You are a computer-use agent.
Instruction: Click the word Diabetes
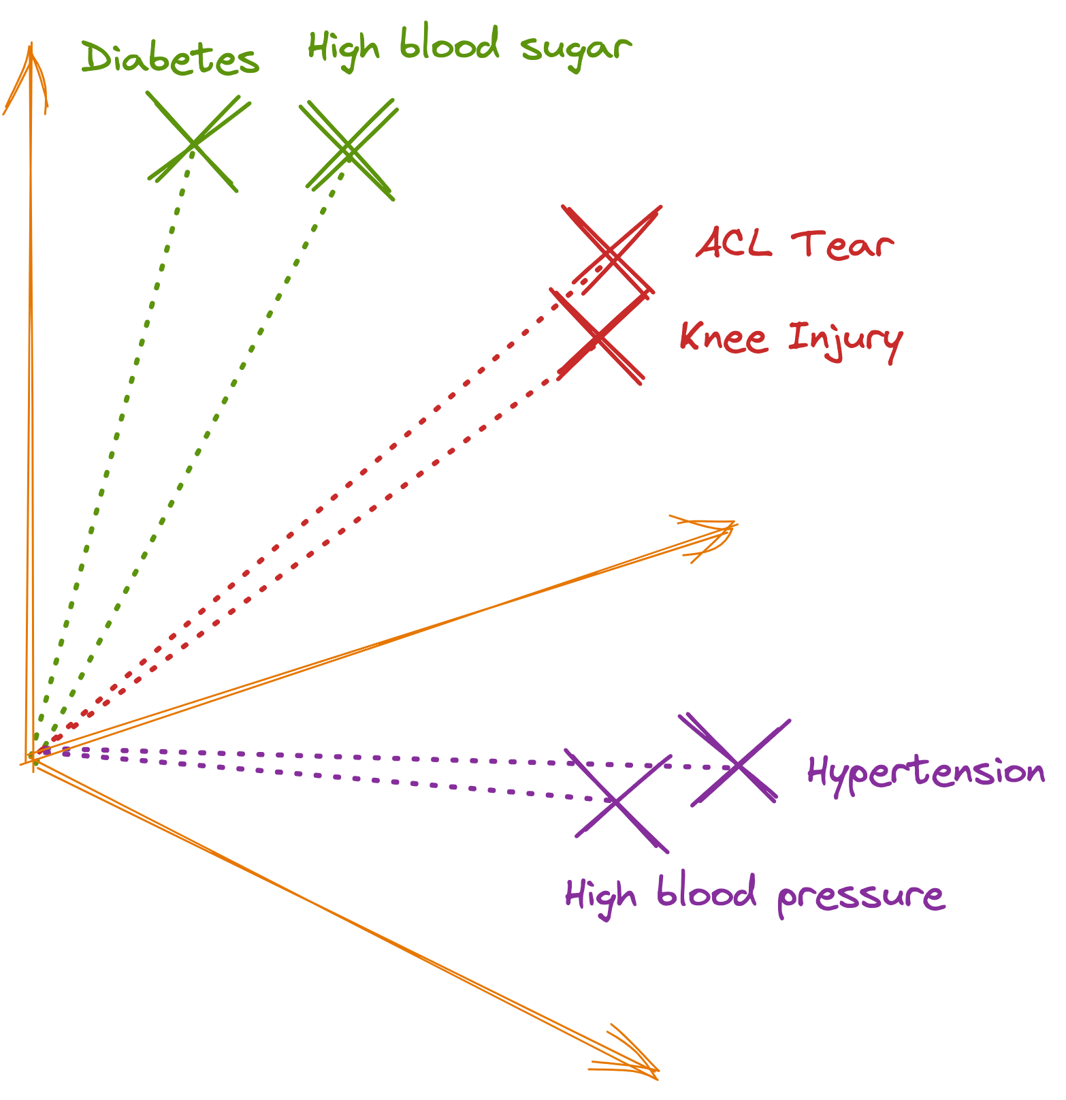pyautogui.click(x=170, y=59)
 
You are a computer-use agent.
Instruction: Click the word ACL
pyautogui.click(x=734, y=243)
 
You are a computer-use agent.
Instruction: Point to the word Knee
pyautogui.click(x=724, y=337)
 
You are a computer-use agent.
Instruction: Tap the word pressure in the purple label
pyautogui.click(x=860, y=896)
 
